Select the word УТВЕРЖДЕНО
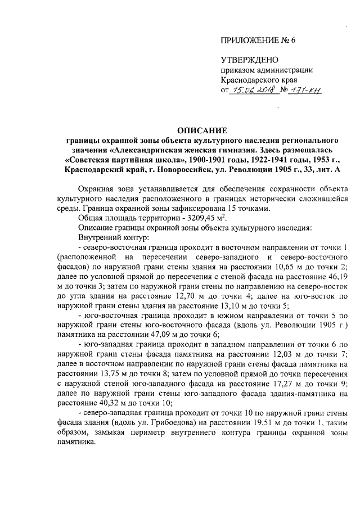pyautogui.click(x=247, y=60)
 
